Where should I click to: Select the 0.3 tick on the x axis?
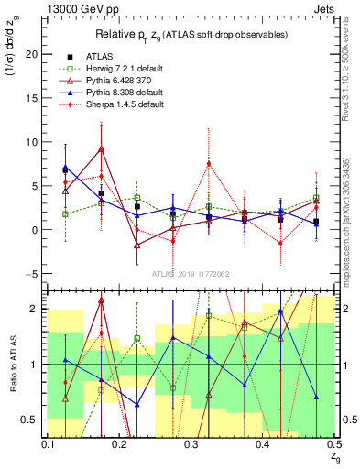point(191,444)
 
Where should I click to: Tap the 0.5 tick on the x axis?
point(334,444)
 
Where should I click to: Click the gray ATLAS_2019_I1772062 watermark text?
point(191,272)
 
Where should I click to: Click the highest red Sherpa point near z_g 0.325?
point(210,164)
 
